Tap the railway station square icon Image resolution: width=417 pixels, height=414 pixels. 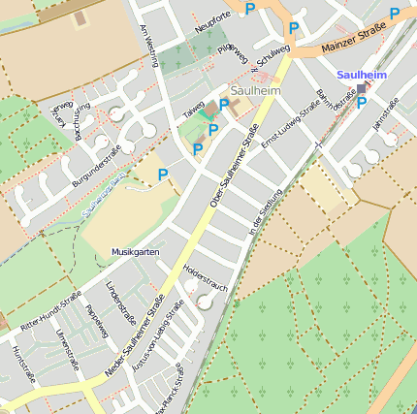pyautogui.click(x=362, y=88)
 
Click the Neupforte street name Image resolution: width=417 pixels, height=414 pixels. pyautogui.click(x=213, y=21)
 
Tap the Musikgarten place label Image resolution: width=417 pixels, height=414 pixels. pyautogui.click(x=135, y=251)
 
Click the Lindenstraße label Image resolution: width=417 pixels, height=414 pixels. pyautogui.click(x=120, y=303)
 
